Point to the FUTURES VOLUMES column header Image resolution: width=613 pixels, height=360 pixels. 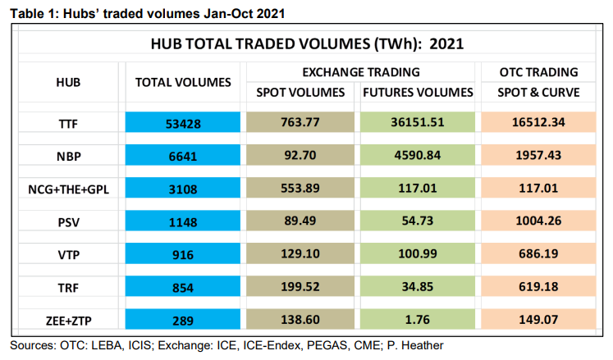(x=419, y=92)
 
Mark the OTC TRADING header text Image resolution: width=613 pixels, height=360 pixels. (x=539, y=72)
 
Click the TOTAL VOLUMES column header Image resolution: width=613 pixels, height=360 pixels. (x=184, y=83)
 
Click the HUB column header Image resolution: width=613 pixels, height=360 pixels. (x=67, y=83)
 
